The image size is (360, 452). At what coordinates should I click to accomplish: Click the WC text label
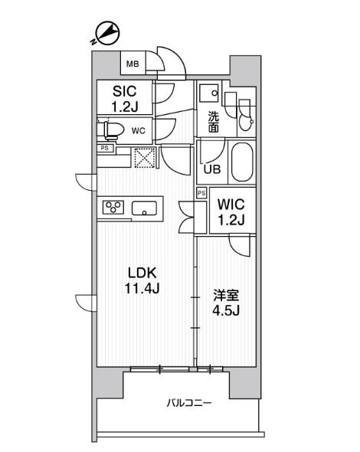[x=138, y=129]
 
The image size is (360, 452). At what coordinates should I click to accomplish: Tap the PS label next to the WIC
[x=201, y=193]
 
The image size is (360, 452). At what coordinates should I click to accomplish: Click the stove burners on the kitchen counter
[x=114, y=207]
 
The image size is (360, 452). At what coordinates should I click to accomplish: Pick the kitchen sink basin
[x=145, y=208]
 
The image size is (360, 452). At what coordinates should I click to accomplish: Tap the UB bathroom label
[x=212, y=169]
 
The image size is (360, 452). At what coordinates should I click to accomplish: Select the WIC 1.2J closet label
[x=231, y=211]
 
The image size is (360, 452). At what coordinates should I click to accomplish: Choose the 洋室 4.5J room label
[x=225, y=300]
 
